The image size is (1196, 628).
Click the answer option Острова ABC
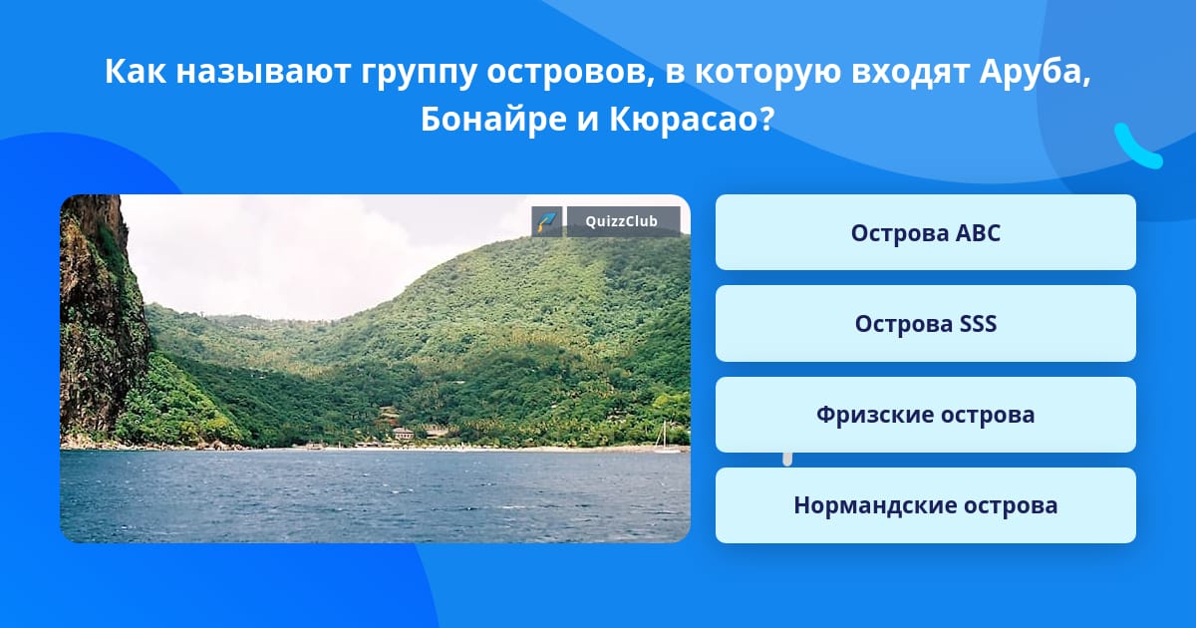pos(925,232)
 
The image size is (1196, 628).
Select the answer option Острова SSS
pos(925,324)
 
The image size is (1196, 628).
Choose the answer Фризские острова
pos(925,415)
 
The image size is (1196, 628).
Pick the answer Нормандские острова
pos(925,505)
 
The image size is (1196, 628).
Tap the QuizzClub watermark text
pos(622,221)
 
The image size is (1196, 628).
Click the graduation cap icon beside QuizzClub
pos(547,221)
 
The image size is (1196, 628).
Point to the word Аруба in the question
pos(1035,72)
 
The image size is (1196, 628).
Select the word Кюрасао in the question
pos(691,120)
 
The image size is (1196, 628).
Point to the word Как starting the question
pos(136,71)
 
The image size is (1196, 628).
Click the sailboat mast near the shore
pos(664,435)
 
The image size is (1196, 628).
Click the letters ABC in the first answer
pos(978,233)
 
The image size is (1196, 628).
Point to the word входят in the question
pos(909,72)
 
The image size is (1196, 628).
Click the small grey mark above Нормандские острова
pos(787,460)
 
